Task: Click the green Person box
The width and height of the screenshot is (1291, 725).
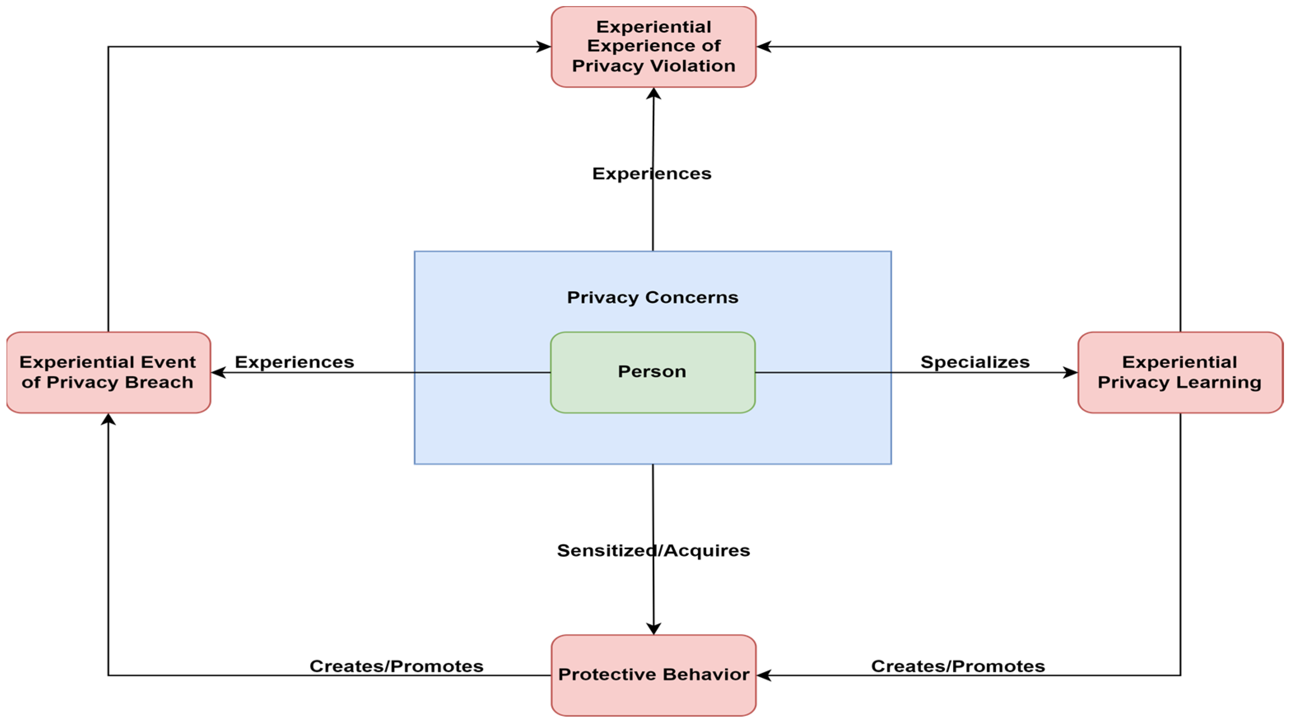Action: (653, 372)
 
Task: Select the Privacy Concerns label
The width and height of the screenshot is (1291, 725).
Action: (653, 297)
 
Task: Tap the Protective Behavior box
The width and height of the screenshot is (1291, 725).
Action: (654, 674)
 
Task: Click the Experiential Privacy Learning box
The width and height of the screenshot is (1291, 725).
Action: (1180, 372)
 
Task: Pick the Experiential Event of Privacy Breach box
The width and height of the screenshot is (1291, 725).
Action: (108, 372)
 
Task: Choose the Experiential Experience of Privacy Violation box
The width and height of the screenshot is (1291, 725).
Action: (654, 46)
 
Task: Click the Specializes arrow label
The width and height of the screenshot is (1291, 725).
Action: (975, 362)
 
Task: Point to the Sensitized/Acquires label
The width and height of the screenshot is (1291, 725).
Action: (654, 550)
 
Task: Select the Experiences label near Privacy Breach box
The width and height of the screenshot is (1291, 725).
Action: (294, 362)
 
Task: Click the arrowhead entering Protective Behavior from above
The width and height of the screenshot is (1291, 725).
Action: (654, 629)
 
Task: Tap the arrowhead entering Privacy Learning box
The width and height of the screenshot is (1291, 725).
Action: (1070, 372)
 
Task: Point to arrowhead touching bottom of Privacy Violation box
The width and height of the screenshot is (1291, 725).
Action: (654, 94)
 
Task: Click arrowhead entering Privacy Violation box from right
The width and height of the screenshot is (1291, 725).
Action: (763, 46)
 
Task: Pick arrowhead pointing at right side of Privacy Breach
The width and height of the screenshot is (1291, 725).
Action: (218, 372)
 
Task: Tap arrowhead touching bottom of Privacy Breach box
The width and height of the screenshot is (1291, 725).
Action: (108, 419)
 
